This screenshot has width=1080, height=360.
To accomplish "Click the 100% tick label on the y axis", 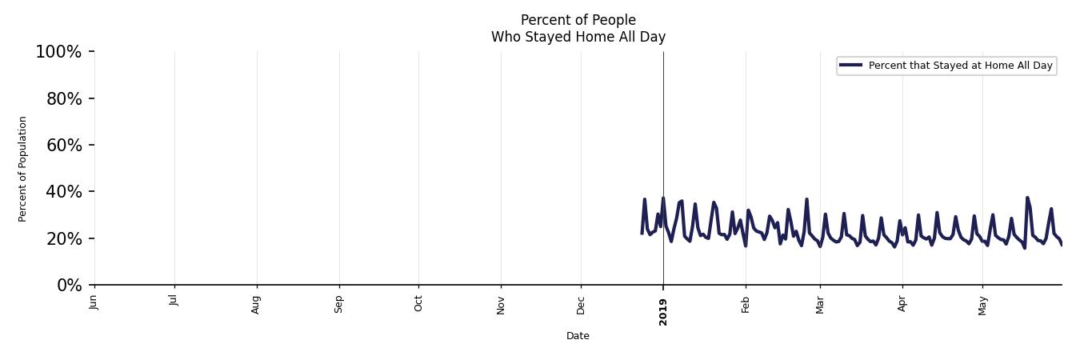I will [x=58, y=52].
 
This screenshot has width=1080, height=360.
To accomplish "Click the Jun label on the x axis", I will [x=94, y=302].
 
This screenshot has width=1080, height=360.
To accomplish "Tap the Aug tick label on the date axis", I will [x=257, y=304].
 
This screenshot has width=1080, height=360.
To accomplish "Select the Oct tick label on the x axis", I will [x=418, y=303].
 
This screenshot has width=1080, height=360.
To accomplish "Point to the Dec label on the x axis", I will [x=582, y=304].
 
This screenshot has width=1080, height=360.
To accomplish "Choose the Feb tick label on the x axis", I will [x=746, y=304].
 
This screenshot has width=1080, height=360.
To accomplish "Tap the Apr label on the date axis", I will [x=902, y=303].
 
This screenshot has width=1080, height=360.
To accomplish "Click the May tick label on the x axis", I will [x=983, y=305].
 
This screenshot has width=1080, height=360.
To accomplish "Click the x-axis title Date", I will [x=578, y=336].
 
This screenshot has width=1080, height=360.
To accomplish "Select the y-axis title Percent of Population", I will [x=23, y=169].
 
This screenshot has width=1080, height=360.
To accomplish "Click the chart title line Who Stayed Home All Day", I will [x=578, y=37].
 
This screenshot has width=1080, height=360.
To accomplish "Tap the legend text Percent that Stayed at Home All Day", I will [x=960, y=66].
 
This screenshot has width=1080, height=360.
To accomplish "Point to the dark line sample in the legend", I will [x=851, y=66].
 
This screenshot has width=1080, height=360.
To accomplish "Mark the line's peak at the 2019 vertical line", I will [x=662, y=198].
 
